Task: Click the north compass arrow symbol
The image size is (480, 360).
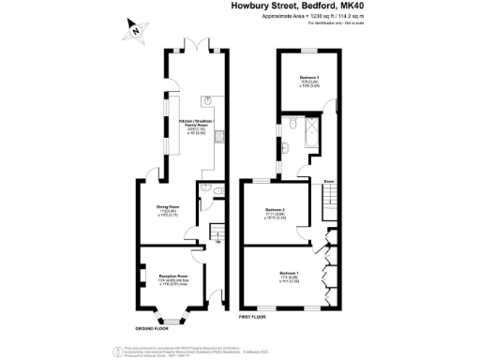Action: click(135, 31)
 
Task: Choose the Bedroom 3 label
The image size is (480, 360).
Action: click(310, 81)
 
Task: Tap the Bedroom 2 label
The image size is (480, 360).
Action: click(275, 211)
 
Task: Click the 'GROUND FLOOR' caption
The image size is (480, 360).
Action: click(151, 329)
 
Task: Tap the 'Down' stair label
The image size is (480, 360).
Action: click(330, 180)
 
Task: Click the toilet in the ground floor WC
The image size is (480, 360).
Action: click(218, 192)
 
